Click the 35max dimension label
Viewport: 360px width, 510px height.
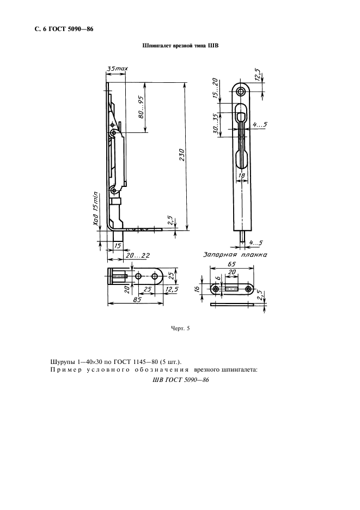[x=118, y=69]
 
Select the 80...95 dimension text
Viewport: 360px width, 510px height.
[x=142, y=107]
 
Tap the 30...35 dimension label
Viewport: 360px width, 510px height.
[x=215, y=125]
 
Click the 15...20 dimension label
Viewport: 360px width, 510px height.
[x=215, y=89]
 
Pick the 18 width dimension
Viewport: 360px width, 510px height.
[x=241, y=175]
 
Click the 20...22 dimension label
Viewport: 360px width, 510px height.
[x=138, y=256]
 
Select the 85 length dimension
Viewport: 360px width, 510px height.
[x=137, y=300]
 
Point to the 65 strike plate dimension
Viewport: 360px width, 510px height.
[x=231, y=264]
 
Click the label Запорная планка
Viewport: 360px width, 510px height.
[x=235, y=254]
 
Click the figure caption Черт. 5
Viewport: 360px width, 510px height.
[x=180, y=328]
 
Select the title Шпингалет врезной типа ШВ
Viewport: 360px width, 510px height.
[x=180, y=46]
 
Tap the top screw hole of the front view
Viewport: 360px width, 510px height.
[x=241, y=92]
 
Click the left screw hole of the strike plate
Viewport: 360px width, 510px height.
[x=216, y=288]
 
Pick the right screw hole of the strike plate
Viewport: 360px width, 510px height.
[x=248, y=288]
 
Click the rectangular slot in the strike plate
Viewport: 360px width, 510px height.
[x=232, y=288]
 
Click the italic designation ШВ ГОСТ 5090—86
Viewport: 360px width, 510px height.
[x=180, y=380]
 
